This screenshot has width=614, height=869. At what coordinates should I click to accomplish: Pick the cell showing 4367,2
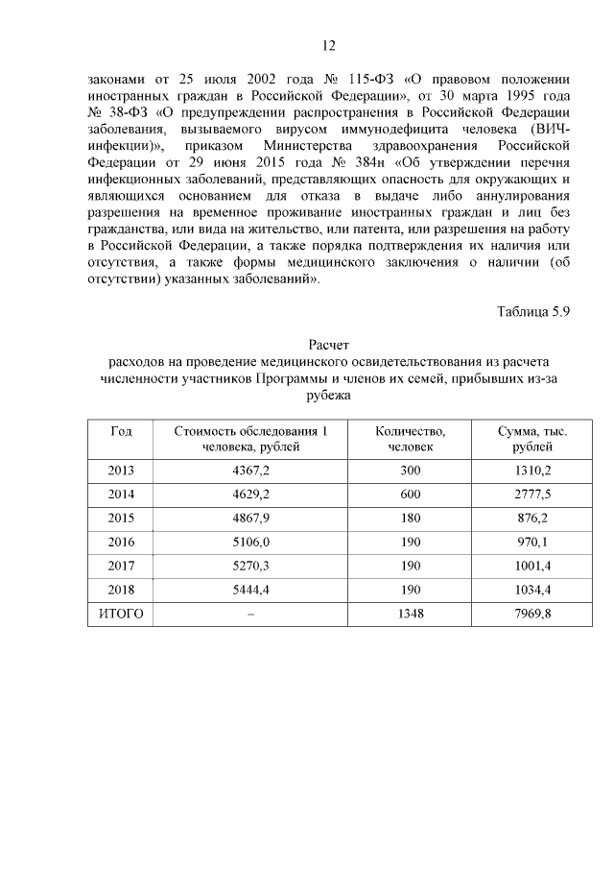click(251, 471)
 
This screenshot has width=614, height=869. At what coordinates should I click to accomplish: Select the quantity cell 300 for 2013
click(410, 471)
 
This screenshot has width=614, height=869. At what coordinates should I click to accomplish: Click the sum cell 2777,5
click(532, 495)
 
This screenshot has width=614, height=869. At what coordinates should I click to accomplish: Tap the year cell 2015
click(121, 519)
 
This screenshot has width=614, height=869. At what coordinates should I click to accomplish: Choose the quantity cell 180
click(410, 519)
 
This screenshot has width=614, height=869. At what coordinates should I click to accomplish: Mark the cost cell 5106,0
click(251, 543)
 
